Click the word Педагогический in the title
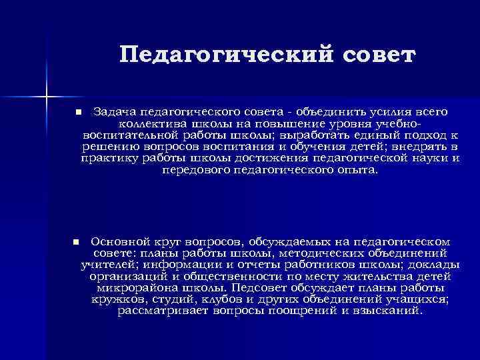point(215,55)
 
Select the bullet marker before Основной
point(76,241)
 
